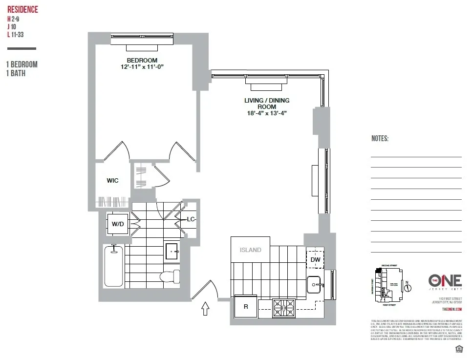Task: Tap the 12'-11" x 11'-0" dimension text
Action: pyautogui.click(x=142, y=67)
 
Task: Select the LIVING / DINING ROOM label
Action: pyautogui.click(x=267, y=104)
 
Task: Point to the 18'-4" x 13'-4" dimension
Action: pyautogui.click(x=267, y=113)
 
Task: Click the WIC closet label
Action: pyautogui.click(x=112, y=180)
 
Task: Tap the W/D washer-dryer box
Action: pyautogui.click(x=117, y=224)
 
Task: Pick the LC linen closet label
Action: pyautogui.click(x=191, y=219)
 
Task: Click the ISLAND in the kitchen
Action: pyautogui.click(x=250, y=250)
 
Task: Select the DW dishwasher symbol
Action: pyautogui.click(x=315, y=259)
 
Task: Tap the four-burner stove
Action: pyautogui.click(x=284, y=308)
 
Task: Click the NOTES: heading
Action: pyautogui.click(x=380, y=139)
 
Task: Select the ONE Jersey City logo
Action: pyautogui.click(x=444, y=281)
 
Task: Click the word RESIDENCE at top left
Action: pyautogui.click(x=22, y=10)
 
